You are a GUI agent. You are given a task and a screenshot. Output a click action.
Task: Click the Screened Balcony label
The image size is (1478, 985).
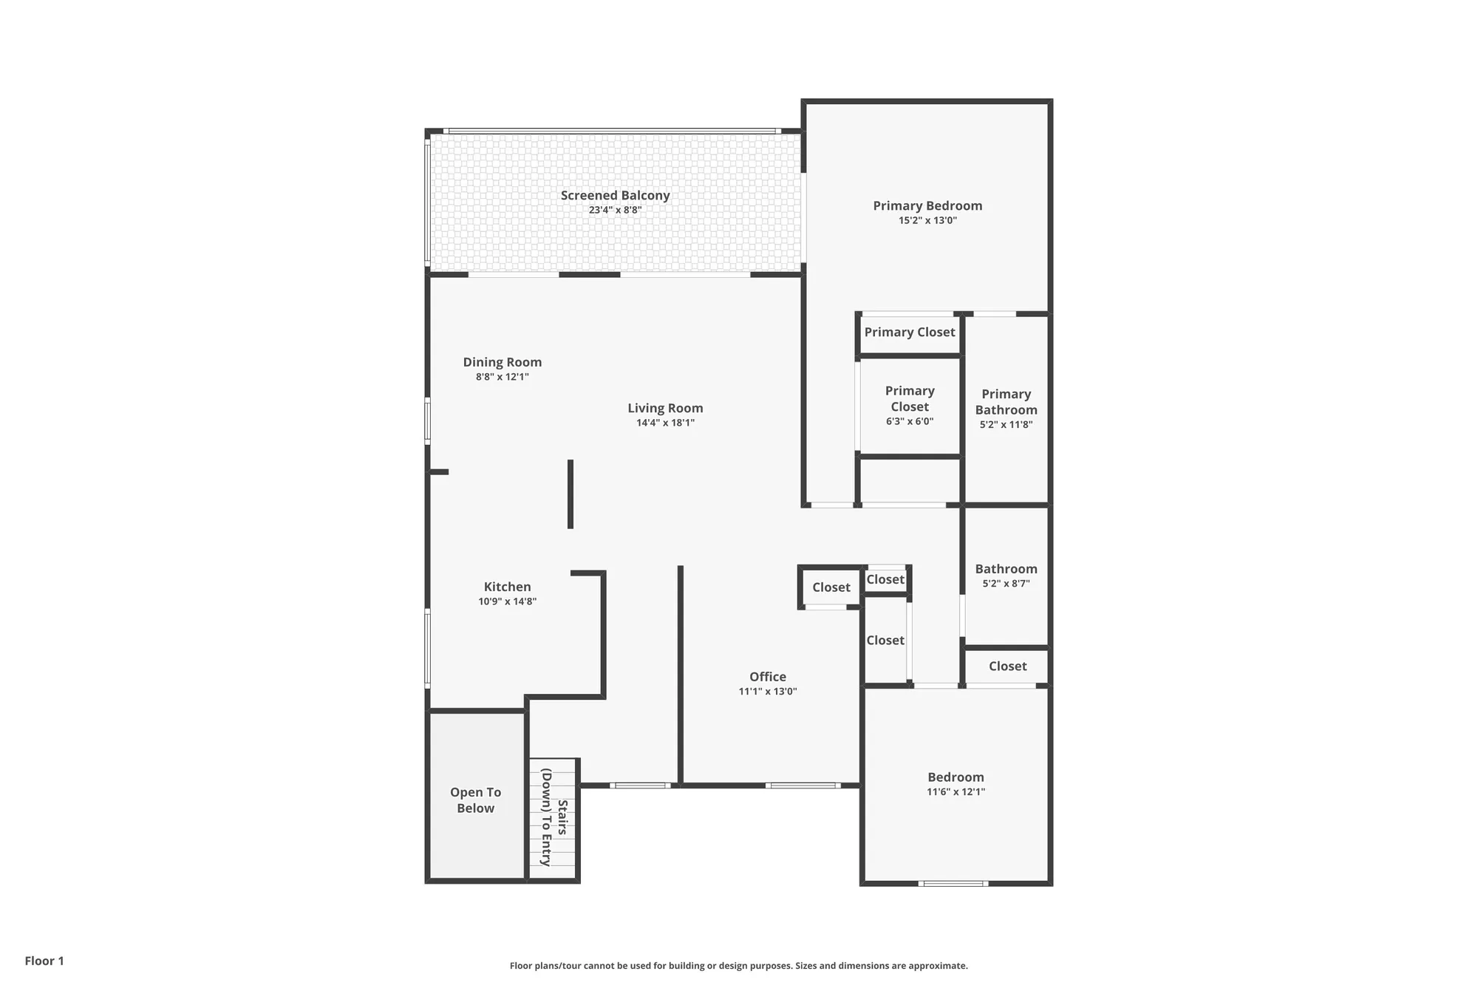click(x=615, y=195)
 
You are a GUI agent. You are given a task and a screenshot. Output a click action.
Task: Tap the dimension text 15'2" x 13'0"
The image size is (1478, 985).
click(x=927, y=220)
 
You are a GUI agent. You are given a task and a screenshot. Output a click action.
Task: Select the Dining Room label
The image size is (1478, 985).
click(x=503, y=362)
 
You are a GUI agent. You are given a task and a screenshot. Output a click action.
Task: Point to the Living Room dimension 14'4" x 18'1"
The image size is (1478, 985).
click(x=665, y=423)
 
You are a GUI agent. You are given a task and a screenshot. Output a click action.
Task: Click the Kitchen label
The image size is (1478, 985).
click(x=507, y=587)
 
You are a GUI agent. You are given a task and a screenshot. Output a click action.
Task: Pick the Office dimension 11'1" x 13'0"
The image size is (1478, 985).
click(x=768, y=692)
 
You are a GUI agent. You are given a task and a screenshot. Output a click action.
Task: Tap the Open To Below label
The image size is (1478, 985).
click(x=475, y=800)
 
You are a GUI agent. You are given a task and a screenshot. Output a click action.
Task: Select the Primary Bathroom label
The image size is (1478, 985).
click(x=1006, y=402)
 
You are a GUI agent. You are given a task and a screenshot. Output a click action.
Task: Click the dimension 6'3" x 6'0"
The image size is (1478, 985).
click(x=910, y=421)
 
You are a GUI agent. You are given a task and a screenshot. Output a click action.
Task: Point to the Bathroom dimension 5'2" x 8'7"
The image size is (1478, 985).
click(x=1006, y=583)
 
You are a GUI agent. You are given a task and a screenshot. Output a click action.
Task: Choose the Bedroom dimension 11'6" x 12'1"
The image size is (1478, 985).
click(x=956, y=792)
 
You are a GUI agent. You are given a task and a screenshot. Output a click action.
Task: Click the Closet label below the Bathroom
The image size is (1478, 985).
click(x=1007, y=667)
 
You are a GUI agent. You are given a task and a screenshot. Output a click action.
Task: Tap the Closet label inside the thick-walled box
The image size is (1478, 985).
click(x=831, y=587)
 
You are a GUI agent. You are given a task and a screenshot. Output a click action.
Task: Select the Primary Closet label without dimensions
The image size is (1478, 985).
click(x=910, y=333)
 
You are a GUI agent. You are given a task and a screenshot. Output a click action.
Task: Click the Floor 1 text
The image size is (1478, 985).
click(x=44, y=961)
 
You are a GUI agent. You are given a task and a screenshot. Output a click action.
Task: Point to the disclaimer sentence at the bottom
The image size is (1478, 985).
click(x=738, y=966)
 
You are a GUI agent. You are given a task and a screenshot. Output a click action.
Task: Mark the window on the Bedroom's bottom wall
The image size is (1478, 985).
click(x=953, y=883)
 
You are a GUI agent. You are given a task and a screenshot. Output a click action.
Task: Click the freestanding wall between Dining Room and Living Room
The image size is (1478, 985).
click(x=571, y=494)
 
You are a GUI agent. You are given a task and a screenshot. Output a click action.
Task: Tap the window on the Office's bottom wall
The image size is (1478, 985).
click(x=803, y=785)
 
